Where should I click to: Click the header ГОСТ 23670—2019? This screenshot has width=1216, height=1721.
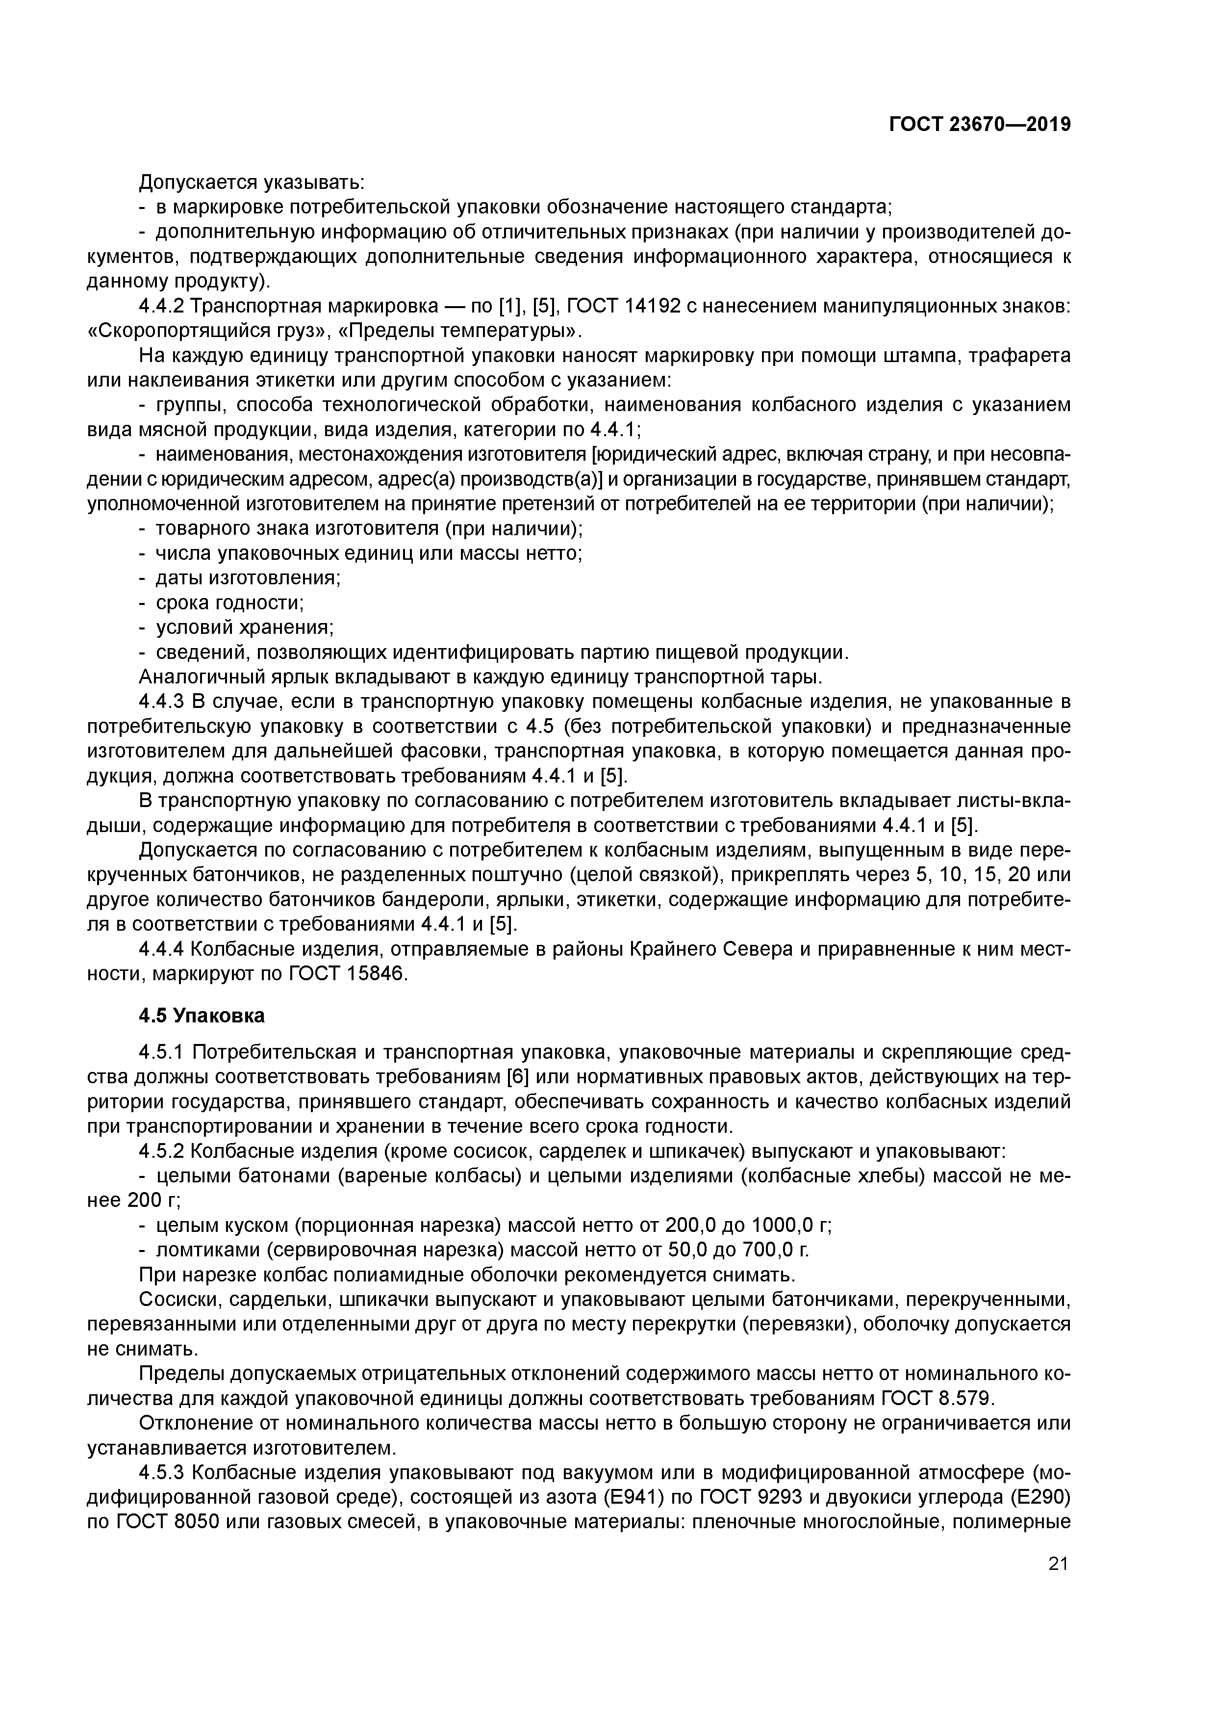tap(979, 125)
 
